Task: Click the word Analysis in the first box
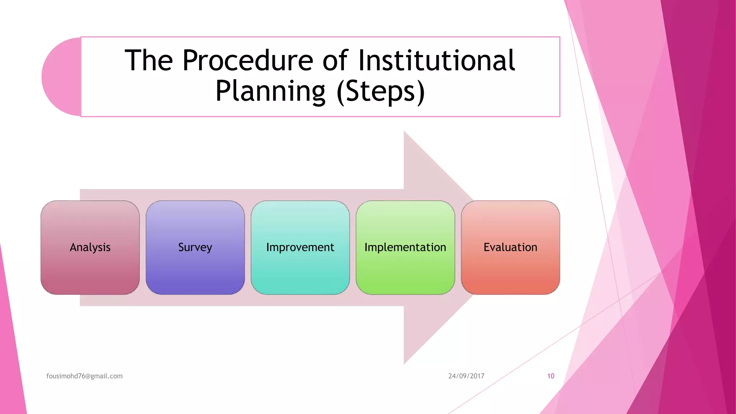click(x=90, y=247)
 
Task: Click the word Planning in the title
click(x=270, y=91)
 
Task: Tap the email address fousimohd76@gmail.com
click(x=84, y=376)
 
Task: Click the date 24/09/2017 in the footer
click(x=466, y=376)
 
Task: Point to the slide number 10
click(x=551, y=376)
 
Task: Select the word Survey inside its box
click(x=195, y=247)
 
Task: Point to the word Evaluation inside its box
click(x=510, y=247)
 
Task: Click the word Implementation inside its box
click(x=405, y=247)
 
